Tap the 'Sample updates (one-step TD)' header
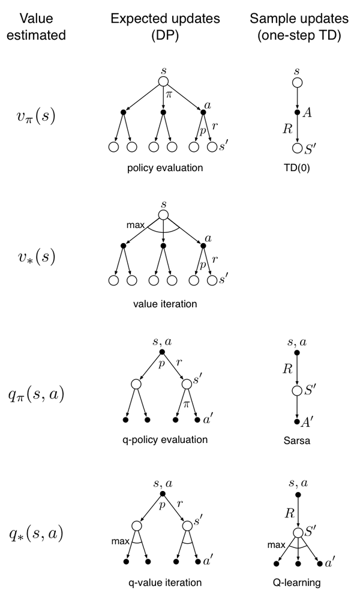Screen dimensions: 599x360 point(295,27)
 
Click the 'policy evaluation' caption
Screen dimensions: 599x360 point(164,167)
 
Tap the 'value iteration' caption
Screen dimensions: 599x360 point(164,304)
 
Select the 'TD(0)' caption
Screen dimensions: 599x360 point(297,167)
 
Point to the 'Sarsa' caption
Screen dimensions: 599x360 point(297,439)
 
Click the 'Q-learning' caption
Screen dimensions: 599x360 point(297,582)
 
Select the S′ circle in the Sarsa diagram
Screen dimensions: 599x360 point(297,391)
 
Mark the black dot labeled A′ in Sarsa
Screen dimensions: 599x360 point(297,422)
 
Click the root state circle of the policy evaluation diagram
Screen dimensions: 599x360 point(164,82)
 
